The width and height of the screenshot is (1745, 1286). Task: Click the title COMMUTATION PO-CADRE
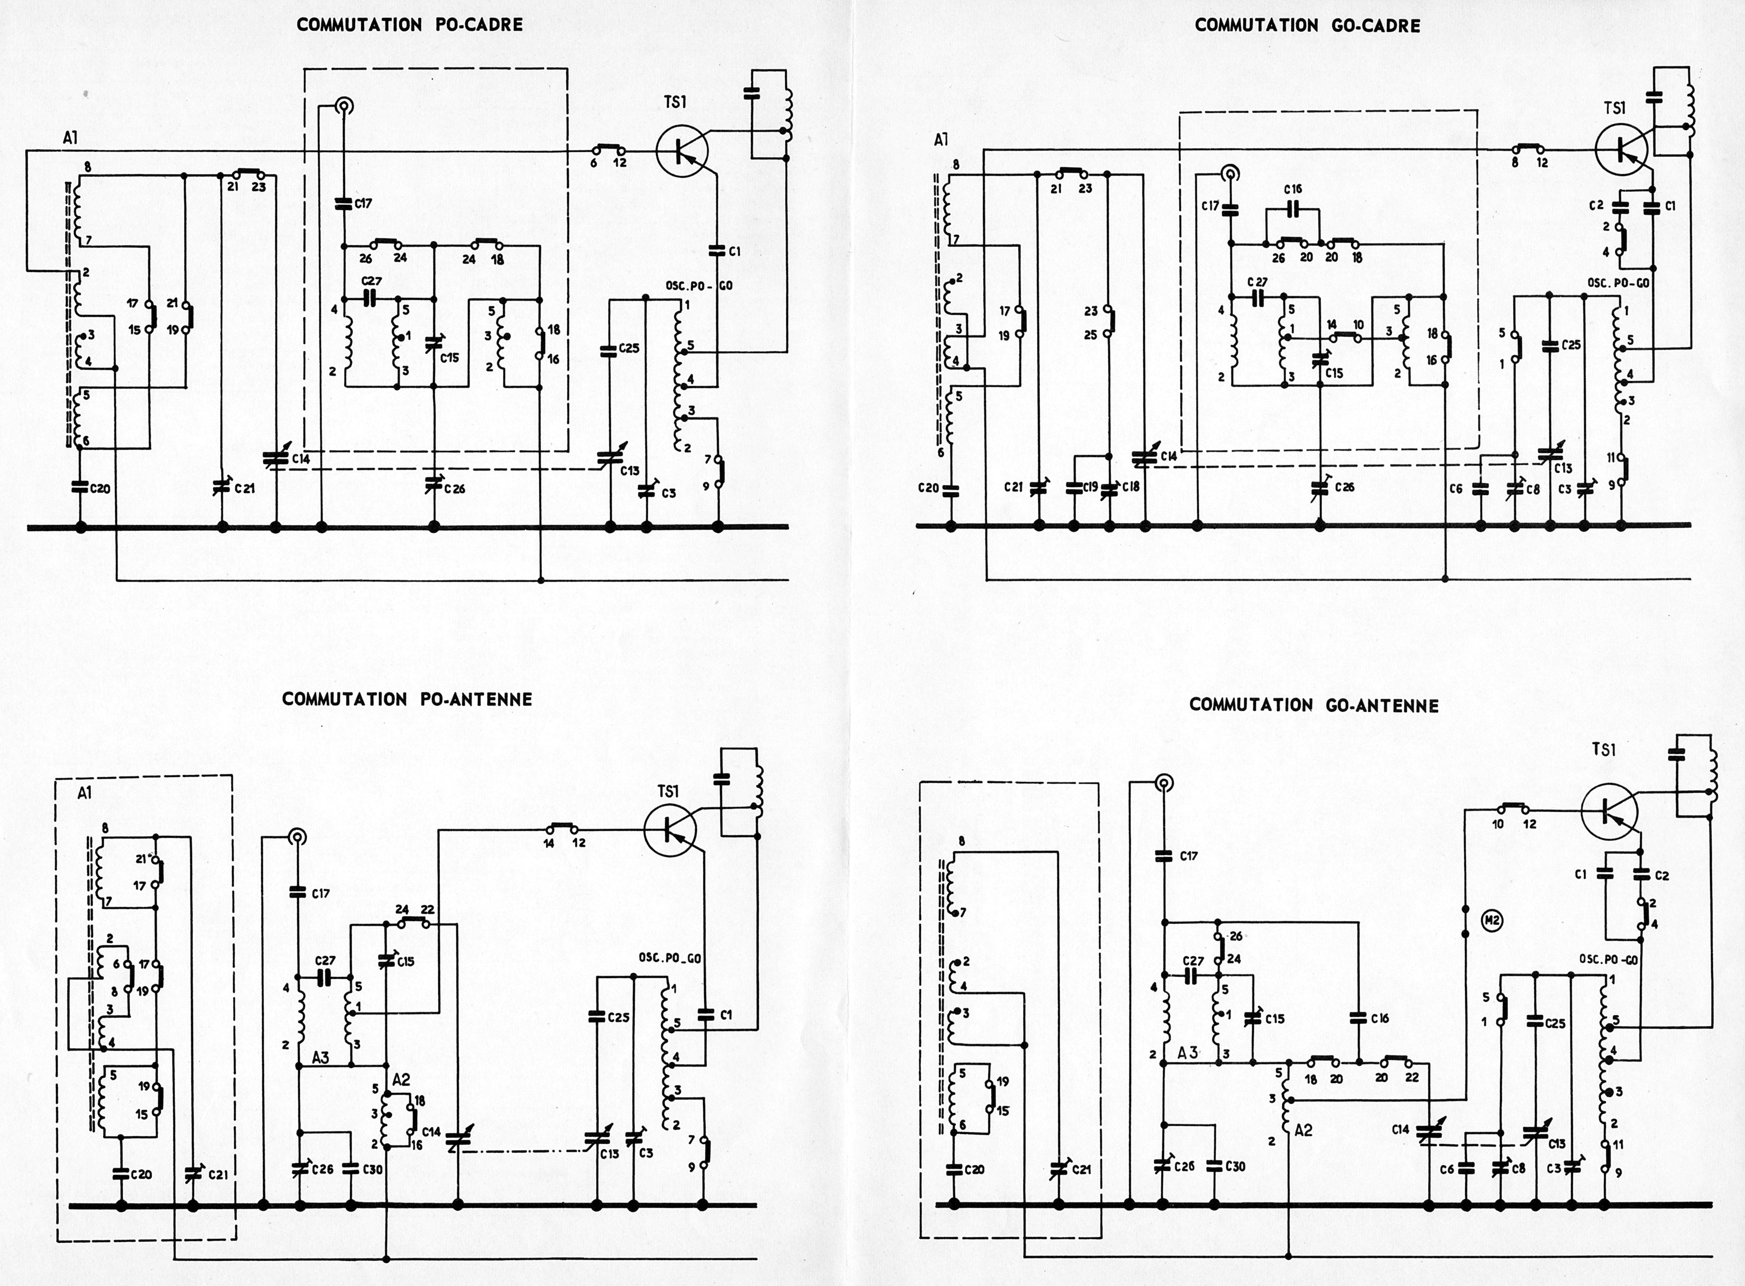tap(409, 25)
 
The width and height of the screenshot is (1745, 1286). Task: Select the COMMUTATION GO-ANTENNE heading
tap(1314, 705)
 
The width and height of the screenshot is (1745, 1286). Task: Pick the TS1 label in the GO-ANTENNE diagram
tap(1604, 750)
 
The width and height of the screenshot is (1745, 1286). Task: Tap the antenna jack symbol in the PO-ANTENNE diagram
tap(297, 838)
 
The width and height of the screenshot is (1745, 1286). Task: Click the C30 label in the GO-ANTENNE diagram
tap(1235, 1166)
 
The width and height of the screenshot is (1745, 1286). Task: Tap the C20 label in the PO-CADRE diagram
tap(99, 489)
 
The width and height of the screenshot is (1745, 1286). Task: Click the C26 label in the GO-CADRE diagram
tap(1344, 488)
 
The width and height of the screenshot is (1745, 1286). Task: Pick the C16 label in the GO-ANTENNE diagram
tap(1380, 1018)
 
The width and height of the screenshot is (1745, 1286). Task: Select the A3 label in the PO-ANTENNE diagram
tap(320, 1057)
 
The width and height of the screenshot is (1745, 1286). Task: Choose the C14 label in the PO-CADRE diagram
tap(300, 460)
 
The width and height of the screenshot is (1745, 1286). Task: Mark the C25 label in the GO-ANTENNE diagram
tap(1555, 1023)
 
